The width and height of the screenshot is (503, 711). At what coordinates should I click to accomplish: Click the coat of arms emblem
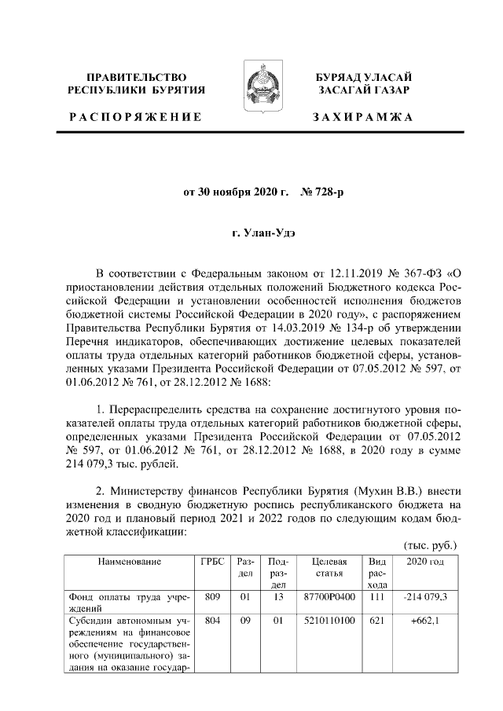[259, 85]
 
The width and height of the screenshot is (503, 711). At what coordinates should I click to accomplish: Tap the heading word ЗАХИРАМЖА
[362, 117]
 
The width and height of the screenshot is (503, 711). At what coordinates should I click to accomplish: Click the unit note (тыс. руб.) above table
[429, 545]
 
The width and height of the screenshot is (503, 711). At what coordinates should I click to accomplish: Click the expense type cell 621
[377, 620]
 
